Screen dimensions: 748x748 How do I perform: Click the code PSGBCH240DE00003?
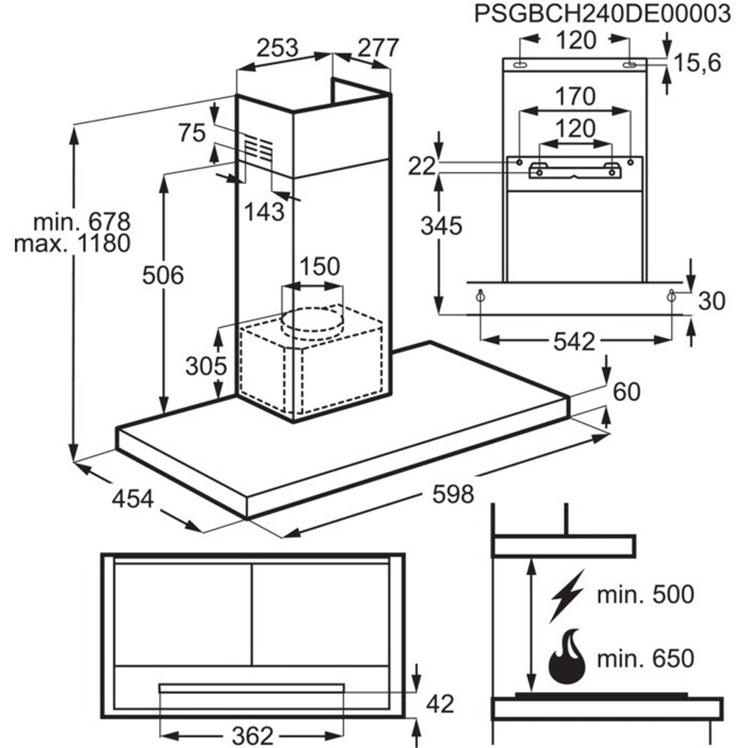pos(602,16)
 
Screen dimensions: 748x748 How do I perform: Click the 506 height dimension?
pos(163,275)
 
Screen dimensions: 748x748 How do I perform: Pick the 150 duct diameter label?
pos(319,266)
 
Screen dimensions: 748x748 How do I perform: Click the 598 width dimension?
pos(453,494)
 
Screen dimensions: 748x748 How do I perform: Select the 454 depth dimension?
pos(135,498)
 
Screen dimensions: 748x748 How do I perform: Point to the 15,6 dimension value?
pos(696,64)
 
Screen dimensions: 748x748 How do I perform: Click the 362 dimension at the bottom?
pos(250,735)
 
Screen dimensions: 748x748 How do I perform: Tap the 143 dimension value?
pos(264,212)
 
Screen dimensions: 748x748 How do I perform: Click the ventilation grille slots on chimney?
pos(258,149)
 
